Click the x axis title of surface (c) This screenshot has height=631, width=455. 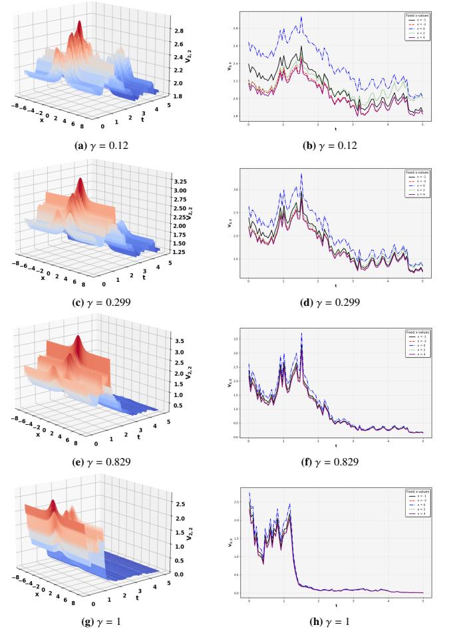[x=43, y=279]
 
